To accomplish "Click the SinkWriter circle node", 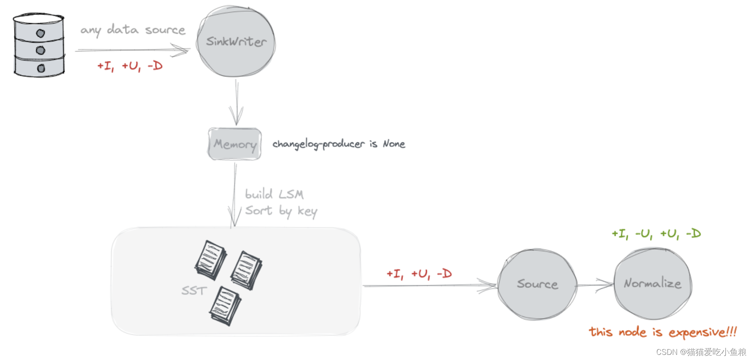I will point(236,42).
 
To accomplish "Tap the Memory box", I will point(235,144).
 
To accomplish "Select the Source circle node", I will point(537,284).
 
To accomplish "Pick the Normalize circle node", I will point(652,283).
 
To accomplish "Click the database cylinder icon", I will point(39,45).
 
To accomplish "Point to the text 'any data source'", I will point(133,30).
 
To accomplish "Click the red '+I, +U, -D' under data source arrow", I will point(130,66).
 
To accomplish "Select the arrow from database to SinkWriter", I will point(132,50).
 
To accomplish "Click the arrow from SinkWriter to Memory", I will point(237,102).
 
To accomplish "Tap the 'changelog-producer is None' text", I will point(339,144).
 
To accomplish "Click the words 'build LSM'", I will point(274,195).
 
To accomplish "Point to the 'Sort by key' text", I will point(281,211).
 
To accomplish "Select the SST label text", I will point(194,291).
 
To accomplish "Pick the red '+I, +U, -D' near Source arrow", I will point(419,274).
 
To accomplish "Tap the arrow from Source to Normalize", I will point(595,285).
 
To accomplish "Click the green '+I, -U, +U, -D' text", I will point(656,234).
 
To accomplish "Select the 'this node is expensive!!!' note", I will point(663,332).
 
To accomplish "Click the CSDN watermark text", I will point(701,352).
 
